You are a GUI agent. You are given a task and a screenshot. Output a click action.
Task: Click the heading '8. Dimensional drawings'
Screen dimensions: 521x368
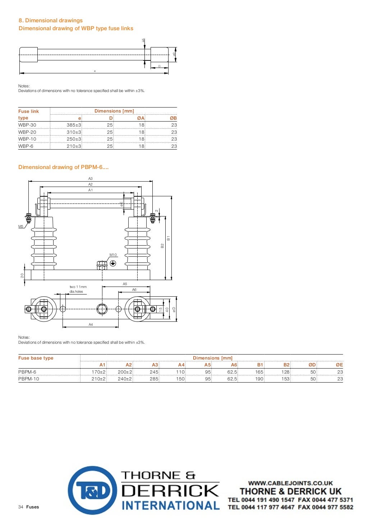[51, 20]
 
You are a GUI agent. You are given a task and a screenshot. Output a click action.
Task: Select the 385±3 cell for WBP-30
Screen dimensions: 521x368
[74, 125]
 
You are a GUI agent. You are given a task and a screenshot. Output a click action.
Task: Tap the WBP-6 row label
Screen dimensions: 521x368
[26, 146]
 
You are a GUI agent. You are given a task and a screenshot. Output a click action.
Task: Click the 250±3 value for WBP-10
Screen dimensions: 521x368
[74, 139]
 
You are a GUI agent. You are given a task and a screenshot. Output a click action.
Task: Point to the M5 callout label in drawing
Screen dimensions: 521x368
[21, 227]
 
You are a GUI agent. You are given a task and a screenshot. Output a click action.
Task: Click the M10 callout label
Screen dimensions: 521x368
[113, 255]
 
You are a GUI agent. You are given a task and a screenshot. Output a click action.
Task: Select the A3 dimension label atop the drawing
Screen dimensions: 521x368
[91, 179]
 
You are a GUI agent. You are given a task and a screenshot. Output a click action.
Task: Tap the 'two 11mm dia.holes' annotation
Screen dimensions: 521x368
[78, 289]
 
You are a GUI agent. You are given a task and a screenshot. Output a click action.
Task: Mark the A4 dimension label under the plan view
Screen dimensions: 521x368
[91, 325]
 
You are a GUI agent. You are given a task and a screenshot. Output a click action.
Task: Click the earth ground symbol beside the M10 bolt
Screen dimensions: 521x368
[113, 264]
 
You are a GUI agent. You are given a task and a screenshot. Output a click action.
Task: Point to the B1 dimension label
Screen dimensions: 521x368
[168, 238]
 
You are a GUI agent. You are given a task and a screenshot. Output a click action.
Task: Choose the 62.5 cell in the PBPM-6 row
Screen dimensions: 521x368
[232, 372]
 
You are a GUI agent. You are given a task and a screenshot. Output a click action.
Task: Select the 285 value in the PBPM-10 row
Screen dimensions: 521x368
[154, 379]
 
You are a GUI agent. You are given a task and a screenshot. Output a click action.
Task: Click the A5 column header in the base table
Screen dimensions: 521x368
[208, 365]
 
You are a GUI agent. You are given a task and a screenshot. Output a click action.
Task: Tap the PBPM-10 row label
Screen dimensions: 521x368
[29, 379]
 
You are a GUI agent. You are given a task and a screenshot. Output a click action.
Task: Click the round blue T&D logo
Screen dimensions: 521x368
[92, 490]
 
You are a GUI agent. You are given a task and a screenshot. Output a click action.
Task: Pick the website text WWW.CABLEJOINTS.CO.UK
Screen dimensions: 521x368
[290, 483]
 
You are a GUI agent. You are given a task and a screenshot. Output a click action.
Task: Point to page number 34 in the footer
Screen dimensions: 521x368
[21, 507]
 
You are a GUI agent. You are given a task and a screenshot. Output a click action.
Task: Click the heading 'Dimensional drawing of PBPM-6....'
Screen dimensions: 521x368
[64, 167]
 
